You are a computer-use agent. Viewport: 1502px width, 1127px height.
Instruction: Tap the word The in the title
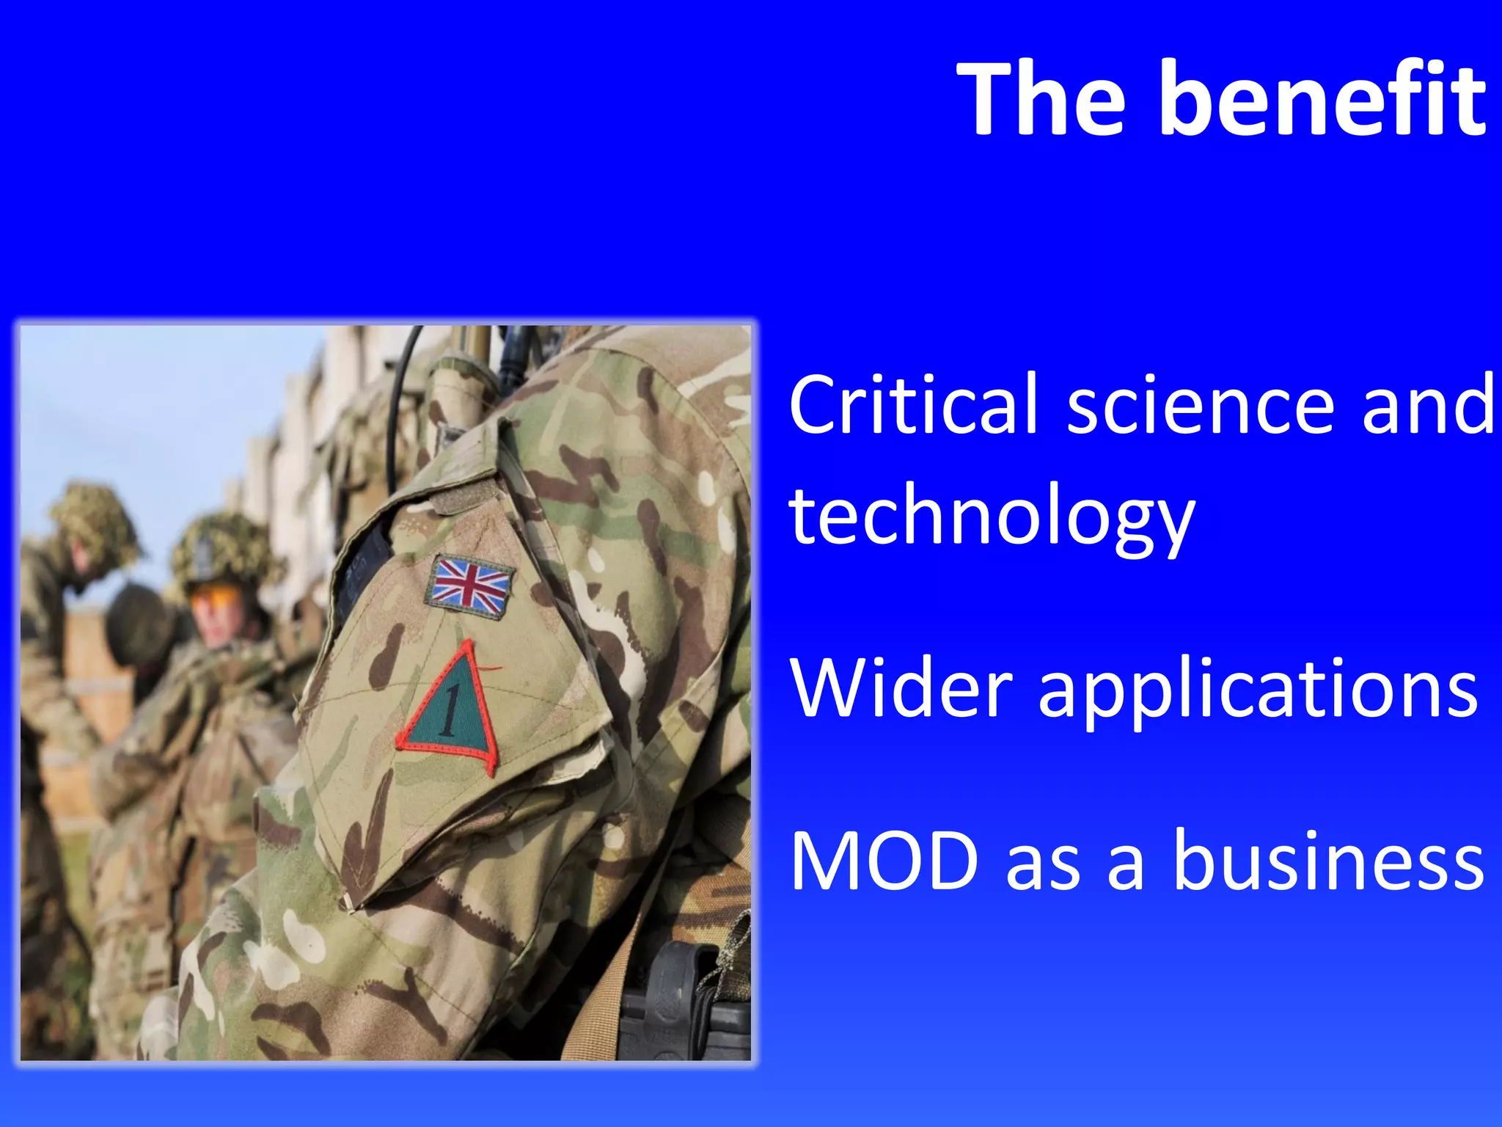[1041, 99]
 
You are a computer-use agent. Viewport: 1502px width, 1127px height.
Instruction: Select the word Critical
[912, 405]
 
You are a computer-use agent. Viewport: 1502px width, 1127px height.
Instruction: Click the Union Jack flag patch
[469, 586]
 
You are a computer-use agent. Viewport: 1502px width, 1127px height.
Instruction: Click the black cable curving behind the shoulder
[396, 411]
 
